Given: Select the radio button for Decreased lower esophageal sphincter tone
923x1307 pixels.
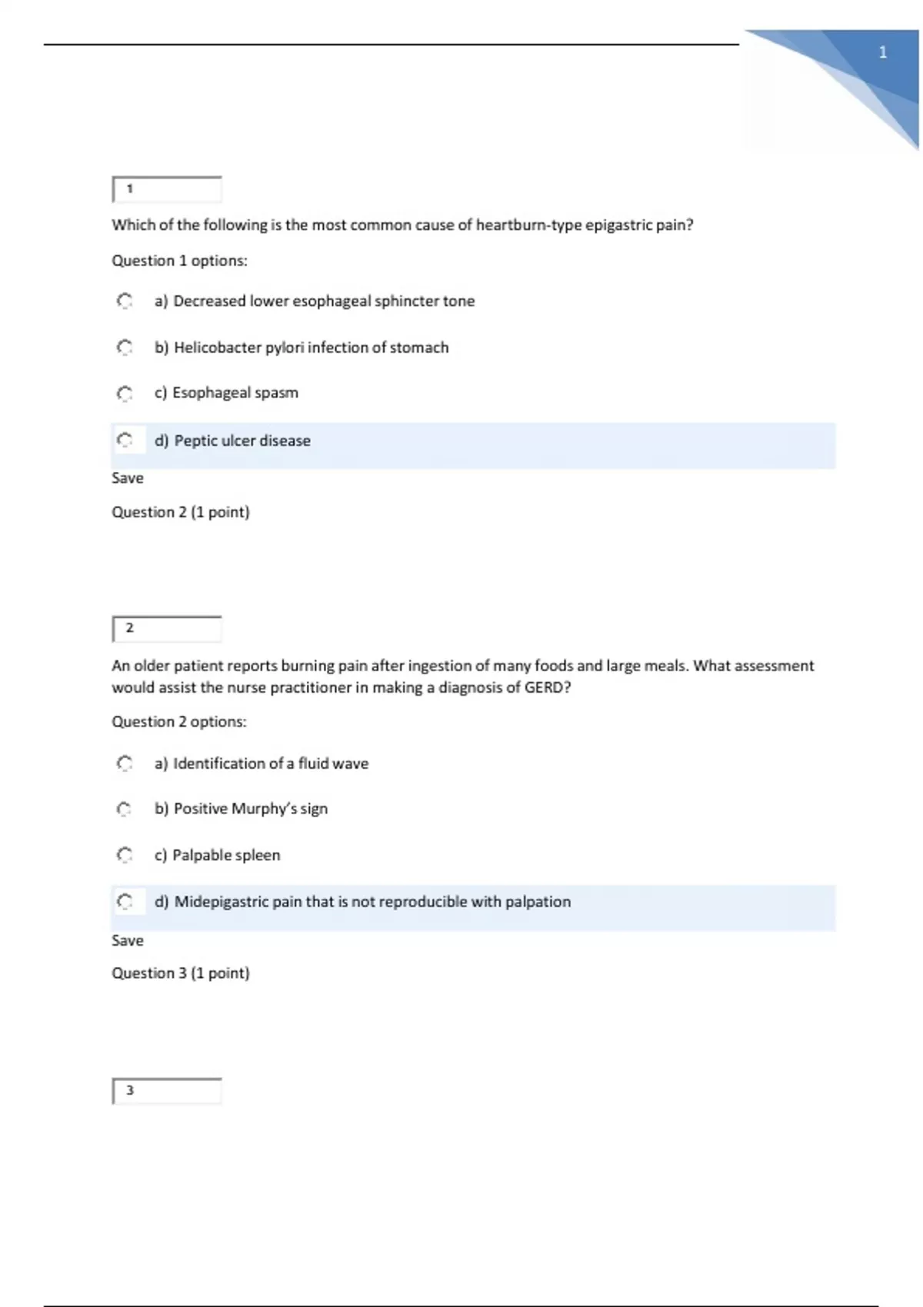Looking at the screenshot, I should click(125, 301).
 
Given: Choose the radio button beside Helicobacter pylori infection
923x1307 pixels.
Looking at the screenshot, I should click(125, 348).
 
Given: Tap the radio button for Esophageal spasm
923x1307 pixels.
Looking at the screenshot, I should click(125, 394).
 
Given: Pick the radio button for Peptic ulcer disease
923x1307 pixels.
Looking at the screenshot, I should click(125, 441).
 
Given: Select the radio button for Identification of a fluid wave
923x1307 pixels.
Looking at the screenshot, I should click(125, 763).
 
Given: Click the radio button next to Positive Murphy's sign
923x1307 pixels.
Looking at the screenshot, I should click(125, 809).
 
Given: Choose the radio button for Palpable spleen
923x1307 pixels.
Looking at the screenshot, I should click(125, 855).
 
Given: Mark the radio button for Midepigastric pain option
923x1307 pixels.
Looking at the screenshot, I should click(125, 901).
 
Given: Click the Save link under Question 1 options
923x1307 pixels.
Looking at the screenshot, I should click(128, 478).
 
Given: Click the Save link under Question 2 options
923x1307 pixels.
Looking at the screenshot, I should click(128, 940).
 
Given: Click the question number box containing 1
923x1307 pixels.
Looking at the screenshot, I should click(167, 189).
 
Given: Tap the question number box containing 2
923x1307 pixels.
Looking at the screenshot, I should click(167, 629).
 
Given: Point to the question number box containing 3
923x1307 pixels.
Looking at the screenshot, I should click(167, 1091).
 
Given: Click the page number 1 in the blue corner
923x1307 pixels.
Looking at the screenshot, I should click(883, 53).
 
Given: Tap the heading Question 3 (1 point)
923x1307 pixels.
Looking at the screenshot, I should click(181, 973).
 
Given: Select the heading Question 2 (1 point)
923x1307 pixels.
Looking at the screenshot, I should click(181, 512).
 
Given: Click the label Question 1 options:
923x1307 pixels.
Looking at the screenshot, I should click(179, 261).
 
